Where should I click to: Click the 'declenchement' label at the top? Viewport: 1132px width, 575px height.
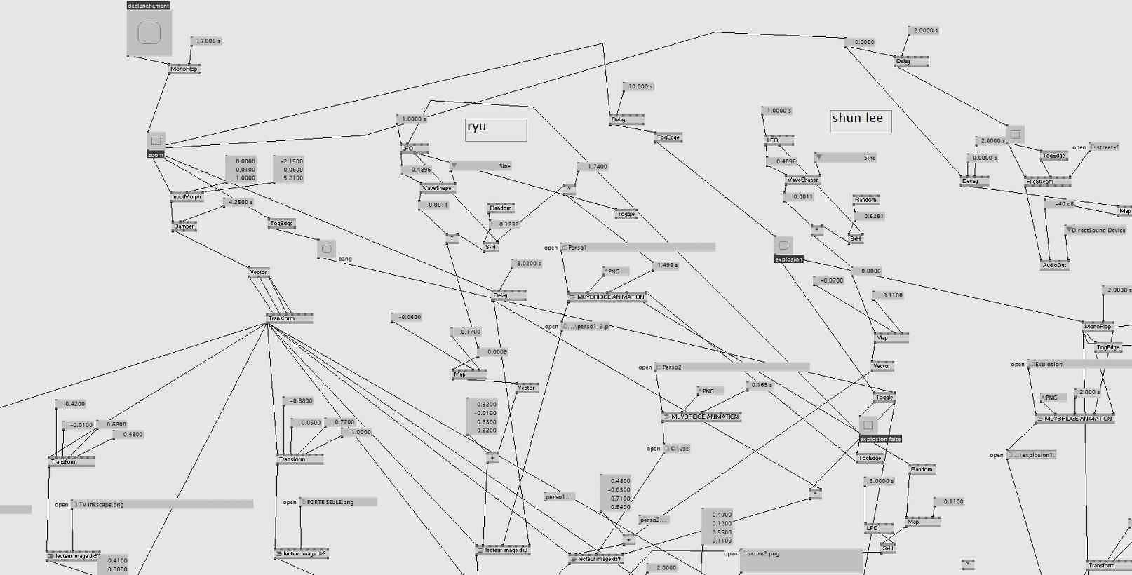(149, 6)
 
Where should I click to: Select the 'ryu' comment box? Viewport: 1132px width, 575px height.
(496, 129)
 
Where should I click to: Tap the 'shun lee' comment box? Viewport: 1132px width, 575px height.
(861, 121)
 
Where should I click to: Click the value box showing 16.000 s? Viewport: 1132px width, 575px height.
(207, 41)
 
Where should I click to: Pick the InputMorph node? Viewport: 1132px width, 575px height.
(187, 197)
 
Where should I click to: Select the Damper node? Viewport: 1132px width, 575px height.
(184, 226)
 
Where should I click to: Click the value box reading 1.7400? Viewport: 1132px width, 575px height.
(595, 167)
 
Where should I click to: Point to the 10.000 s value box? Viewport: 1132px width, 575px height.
(639, 87)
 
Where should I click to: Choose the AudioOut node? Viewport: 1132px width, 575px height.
(1054, 266)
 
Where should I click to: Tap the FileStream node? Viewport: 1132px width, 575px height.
(1047, 182)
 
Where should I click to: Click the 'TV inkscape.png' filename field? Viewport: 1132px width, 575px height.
(162, 504)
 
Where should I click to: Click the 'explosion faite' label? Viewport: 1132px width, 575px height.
(880, 440)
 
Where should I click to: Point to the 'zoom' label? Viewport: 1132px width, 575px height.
(156, 155)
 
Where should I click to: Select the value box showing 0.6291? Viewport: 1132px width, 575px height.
(872, 217)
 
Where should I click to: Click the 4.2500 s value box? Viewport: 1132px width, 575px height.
(239, 203)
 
